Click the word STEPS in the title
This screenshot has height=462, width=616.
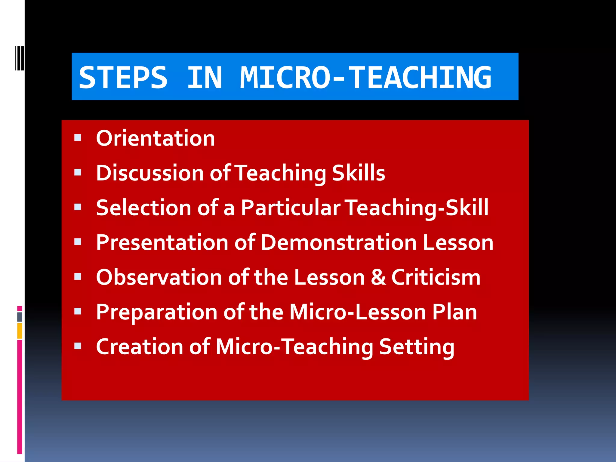click(123, 78)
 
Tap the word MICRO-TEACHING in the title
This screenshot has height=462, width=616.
click(365, 78)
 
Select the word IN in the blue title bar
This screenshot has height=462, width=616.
click(205, 78)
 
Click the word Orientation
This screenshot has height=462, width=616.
click(156, 138)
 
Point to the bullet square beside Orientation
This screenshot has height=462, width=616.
click(78, 138)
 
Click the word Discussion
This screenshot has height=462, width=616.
click(150, 173)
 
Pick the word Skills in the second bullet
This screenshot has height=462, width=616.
click(358, 173)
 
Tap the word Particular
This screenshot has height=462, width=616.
click(291, 208)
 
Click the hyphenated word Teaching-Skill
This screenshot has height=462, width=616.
click(417, 208)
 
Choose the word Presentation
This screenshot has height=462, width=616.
click(162, 242)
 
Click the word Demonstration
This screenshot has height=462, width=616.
click(339, 242)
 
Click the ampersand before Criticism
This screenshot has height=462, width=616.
click(378, 277)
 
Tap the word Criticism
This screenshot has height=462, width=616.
click(436, 277)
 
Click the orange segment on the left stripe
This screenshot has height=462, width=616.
click(20, 331)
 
